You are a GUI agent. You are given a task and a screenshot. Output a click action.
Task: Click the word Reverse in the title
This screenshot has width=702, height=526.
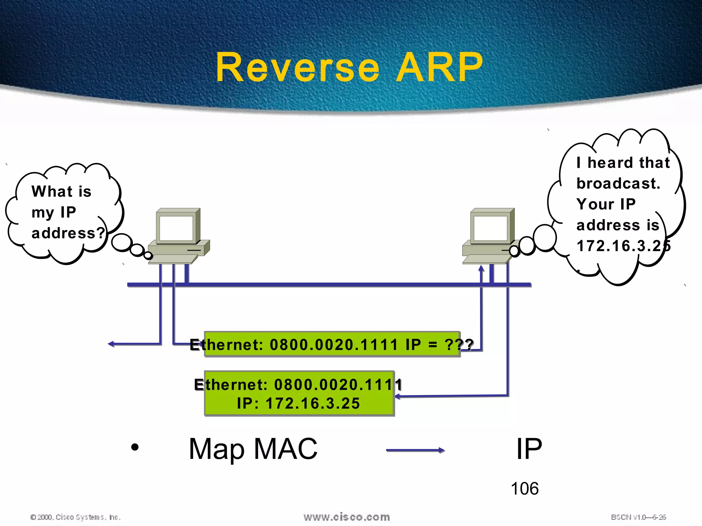[x=298, y=67]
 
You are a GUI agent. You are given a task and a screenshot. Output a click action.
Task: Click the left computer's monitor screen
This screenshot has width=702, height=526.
[x=177, y=228]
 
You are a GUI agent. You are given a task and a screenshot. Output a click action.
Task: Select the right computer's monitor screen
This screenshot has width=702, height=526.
[x=491, y=228]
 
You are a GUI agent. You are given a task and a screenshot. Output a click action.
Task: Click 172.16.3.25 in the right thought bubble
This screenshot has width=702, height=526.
[x=622, y=246]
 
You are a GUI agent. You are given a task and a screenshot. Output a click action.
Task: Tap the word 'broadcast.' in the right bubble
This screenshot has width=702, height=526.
[x=618, y=184]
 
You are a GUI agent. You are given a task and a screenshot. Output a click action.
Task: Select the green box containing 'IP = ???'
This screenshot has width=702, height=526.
[x=332, y=344]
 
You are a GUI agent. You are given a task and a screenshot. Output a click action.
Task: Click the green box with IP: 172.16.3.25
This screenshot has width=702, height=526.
[x=299, y=394]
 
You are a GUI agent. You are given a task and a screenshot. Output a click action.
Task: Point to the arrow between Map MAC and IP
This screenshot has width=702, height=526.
[x=415, y=450]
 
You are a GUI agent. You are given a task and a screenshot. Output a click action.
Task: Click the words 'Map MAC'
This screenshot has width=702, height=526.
[x=253, y=449]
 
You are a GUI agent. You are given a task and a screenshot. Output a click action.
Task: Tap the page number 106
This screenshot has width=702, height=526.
[x=524, y=489]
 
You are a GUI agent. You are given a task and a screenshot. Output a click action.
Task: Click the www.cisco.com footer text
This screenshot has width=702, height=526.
[x=347, y=517]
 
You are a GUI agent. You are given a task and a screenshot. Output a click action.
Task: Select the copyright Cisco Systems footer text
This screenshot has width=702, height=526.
[x=75, y=517]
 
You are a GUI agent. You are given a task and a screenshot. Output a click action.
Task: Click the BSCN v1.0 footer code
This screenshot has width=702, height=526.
[x=638, y=517]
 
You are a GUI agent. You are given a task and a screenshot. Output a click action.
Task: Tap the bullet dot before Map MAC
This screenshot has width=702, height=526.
[x=135, y=447]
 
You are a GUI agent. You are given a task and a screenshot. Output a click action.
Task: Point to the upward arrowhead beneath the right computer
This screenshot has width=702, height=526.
[x=481, y=269]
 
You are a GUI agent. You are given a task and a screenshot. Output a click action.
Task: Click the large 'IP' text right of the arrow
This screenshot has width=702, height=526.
[x=529, y=449]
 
